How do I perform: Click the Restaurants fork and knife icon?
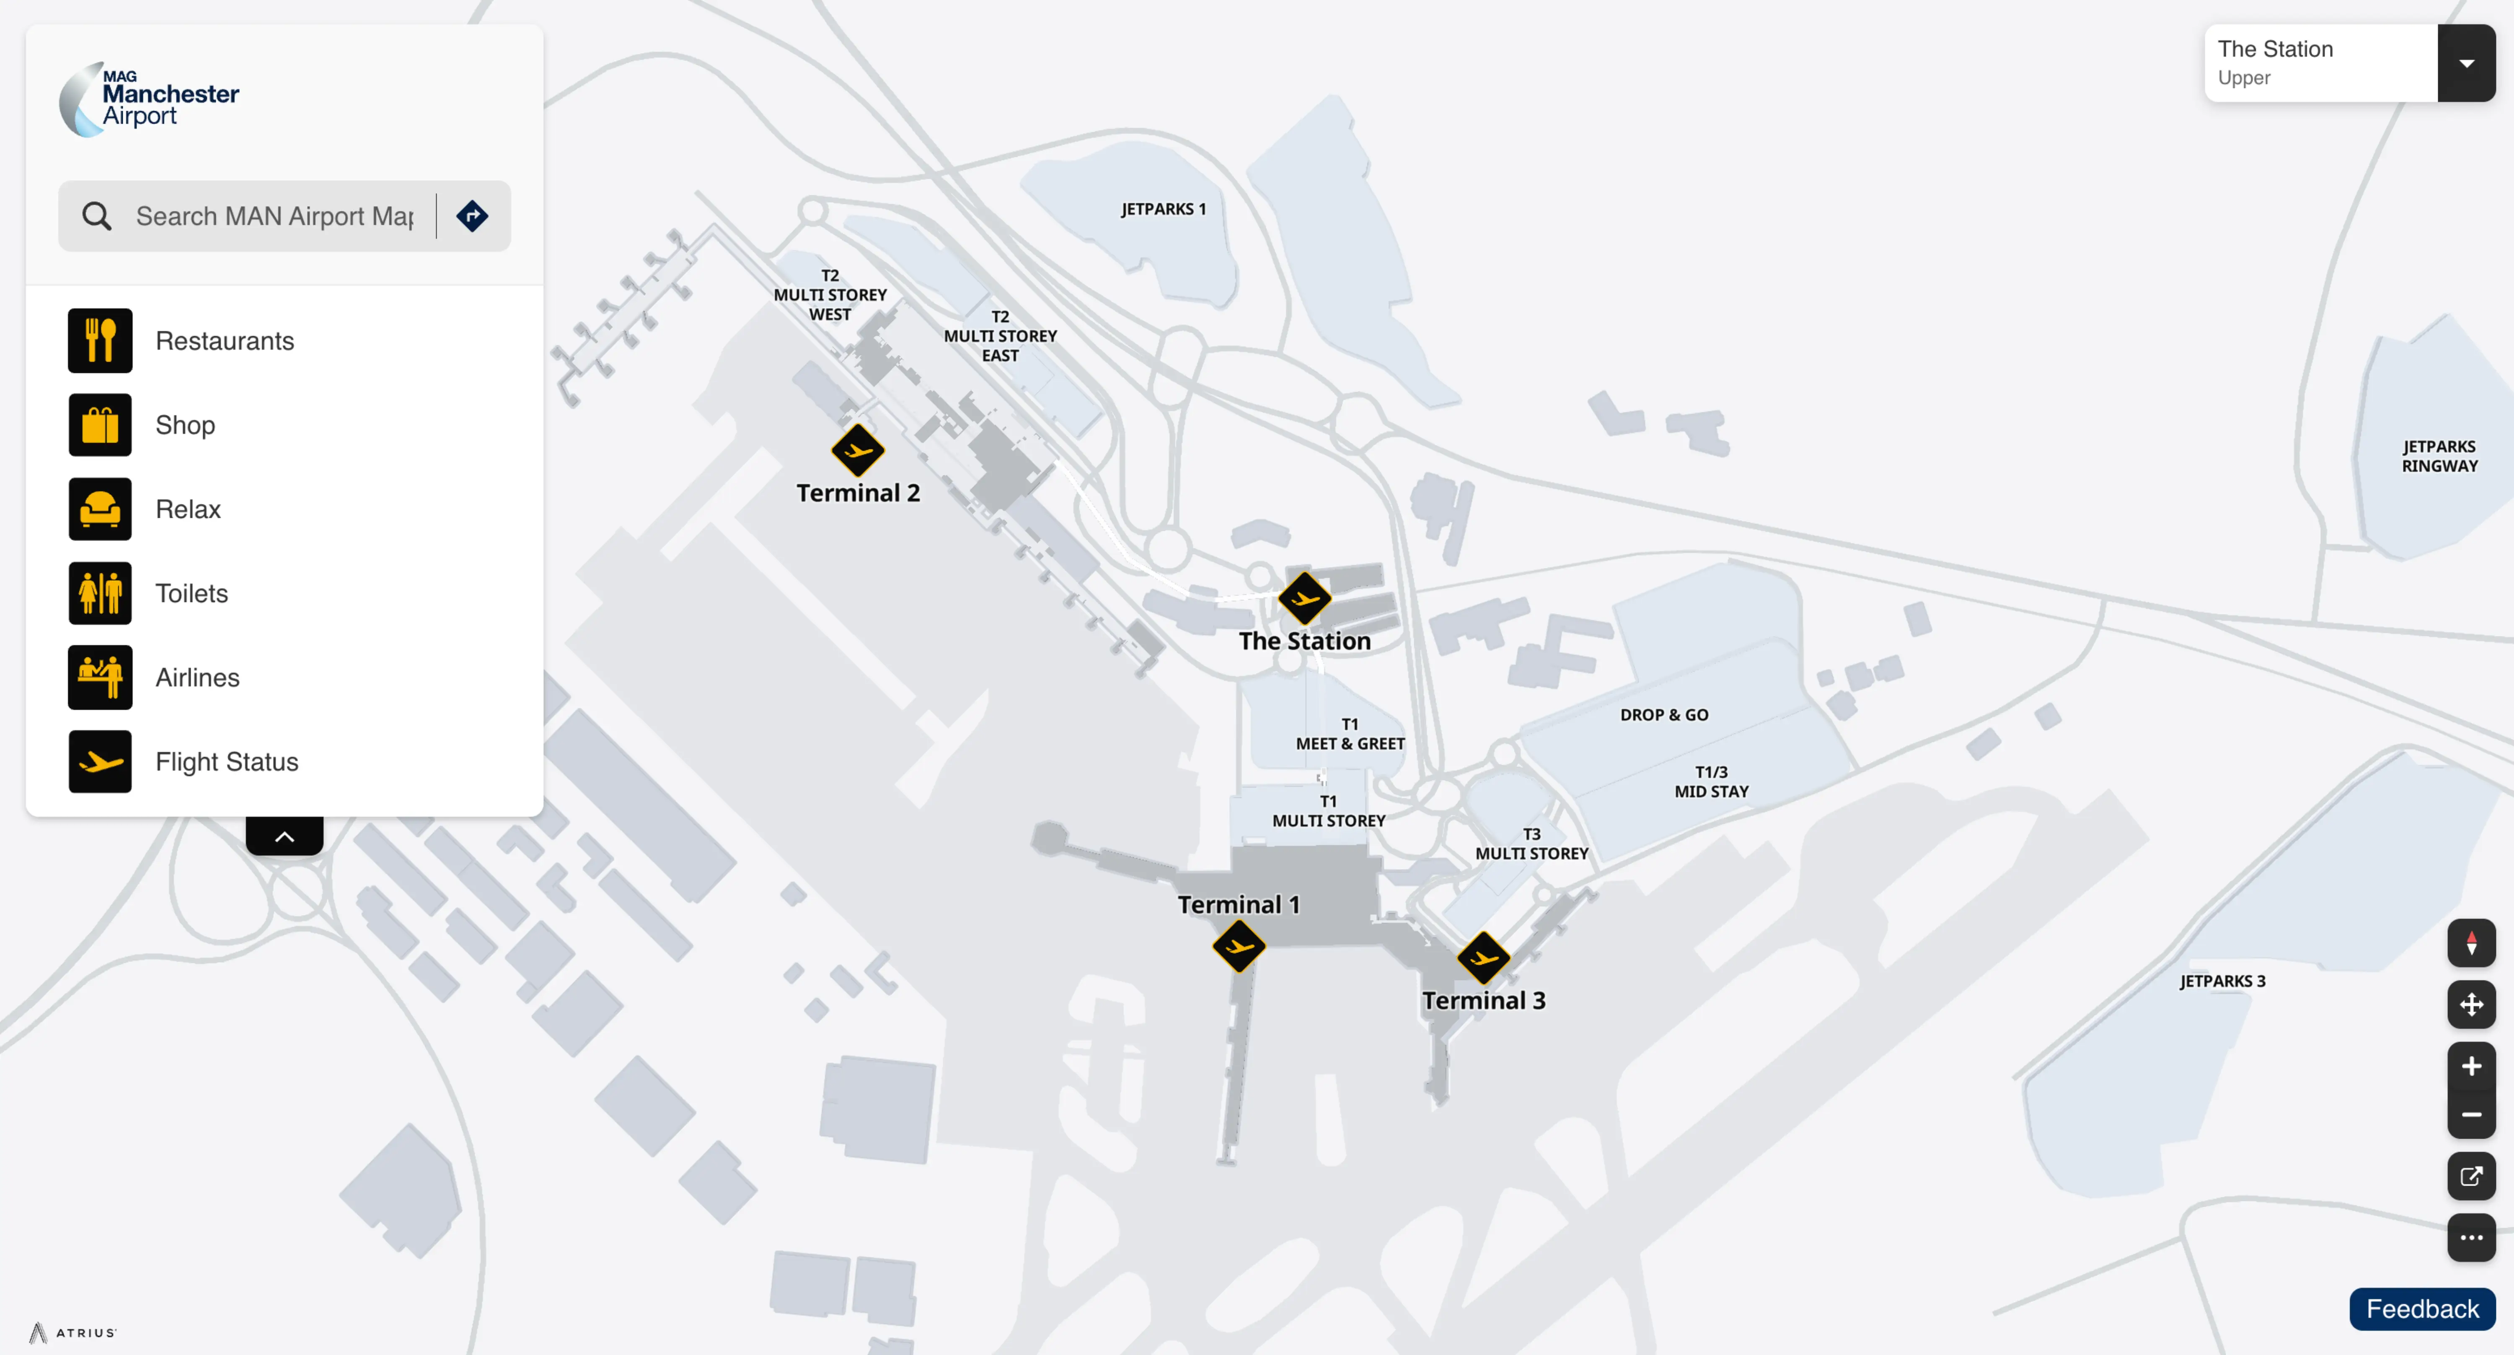[100, 341]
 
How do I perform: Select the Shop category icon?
[100, 425]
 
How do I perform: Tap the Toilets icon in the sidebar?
[100, 592]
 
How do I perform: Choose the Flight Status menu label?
[226, 761]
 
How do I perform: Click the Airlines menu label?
[197, 677]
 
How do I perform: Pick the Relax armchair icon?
[100, 509]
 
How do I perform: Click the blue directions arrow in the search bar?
[472, 216]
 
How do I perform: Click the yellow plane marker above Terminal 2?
[858, 450]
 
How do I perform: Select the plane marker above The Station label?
[1305, 597]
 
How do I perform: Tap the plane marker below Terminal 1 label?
[1239, 946]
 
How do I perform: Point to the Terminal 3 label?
[1483, 1001]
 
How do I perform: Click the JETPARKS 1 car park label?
[1163, 209]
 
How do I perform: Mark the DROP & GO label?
[1664, 714]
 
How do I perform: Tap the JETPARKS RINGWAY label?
[2439, 456]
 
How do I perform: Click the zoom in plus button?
[2471, 1066]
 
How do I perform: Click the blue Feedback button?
[2422, 1309]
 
